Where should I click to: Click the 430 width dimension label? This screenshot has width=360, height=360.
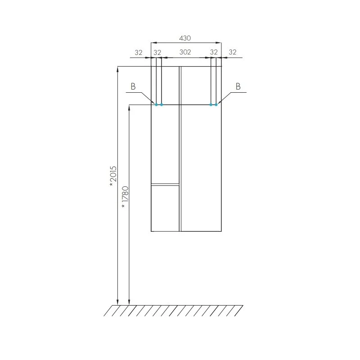[185, 38]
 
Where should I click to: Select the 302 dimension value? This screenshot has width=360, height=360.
[185, 52]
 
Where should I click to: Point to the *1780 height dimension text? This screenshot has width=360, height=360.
[125, 197]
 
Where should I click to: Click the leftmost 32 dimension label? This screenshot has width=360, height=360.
[139, 53]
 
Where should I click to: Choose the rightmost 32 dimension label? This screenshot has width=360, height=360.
[232, 52]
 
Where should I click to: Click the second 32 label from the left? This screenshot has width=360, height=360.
[157, 53]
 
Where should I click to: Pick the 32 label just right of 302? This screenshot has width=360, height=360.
[214, 52]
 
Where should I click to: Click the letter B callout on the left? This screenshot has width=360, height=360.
[133, 86]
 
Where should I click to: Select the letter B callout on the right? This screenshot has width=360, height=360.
[238, 86]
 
